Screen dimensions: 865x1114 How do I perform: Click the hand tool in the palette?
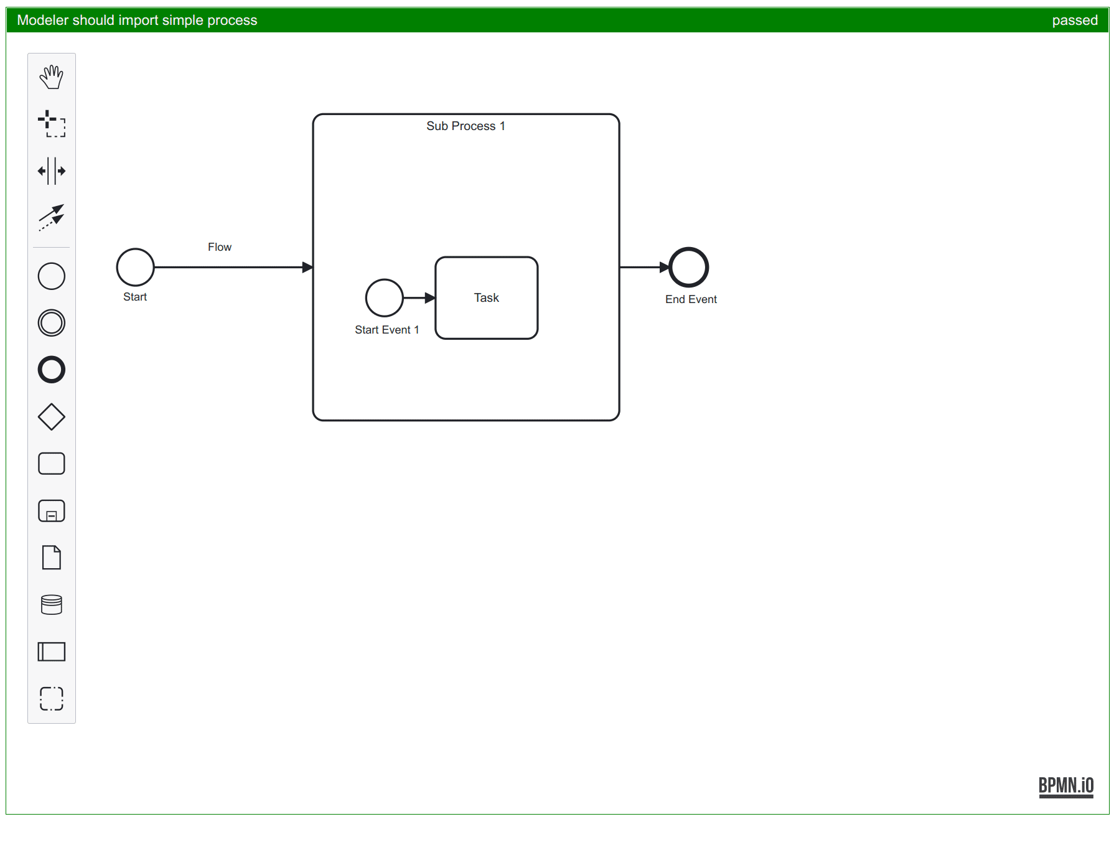click(52, 77)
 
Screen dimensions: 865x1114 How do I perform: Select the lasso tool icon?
click(52, 124)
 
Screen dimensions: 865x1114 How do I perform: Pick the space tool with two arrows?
click(52, 171)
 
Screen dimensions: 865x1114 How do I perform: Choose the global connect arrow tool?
click(52, 217)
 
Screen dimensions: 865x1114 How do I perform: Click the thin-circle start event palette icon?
click(52, 276)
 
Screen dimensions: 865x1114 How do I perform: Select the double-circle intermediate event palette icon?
click(52, 323)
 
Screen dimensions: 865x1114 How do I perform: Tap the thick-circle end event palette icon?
click(52, 370)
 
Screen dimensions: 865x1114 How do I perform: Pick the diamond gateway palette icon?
click(52, 417)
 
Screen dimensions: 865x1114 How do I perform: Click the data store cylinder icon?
click(52, 604)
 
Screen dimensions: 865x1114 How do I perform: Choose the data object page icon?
click(52, 558)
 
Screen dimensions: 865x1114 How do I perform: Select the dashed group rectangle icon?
click(52, 698)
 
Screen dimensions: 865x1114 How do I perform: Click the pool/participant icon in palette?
click(52, 652)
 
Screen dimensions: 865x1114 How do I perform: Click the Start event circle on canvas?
click(135, 267)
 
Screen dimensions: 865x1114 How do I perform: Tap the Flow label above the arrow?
click(220, 247)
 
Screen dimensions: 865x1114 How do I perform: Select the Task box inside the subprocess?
click(486, 298)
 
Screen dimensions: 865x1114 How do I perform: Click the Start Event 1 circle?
click(384, 298)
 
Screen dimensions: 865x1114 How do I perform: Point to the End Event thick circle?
click(688, 267)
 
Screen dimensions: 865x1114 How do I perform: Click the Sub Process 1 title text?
click(466, 126)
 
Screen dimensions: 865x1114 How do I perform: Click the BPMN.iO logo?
click(1065, 786)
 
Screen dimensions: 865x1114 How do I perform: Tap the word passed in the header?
click(1074, 20)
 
